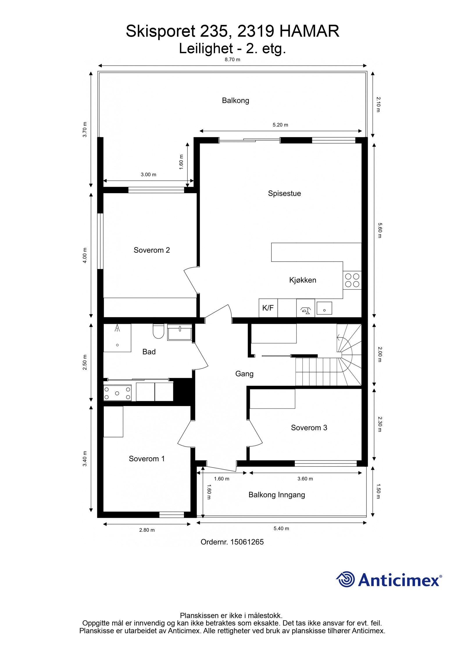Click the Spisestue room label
pyautogui.click(x=284, y=193)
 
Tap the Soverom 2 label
pyautogui.click(x=151, y=250)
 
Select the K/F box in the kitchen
pyautogui.click(x=268, y=308)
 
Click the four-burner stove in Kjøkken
pyautogui.click(x=352, y=280)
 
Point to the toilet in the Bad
pyautogui.click(x=158, y=331)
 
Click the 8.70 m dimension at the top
pyautogui.click(x=232, y=60)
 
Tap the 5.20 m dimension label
pyautogui.click(x=280, y=125)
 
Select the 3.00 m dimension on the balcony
pyautogui.click(x=148, y=174)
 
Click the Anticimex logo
pyautogui.click(x=389, y=580)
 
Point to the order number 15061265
pyautogui.click(x=247, y=542)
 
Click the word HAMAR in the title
pyautogui.click(x=309, y=31)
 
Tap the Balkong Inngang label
pyautogui.click(x=276, y=495)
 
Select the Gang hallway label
pyautogui.click(x=244, y=374)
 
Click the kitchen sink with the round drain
pyautogui.click(x=324, y=308)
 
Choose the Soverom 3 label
pyautogui.click(x=309, y=427)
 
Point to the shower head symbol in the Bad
pyautogui.click(x=117, y=328)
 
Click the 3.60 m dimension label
pyautogui.click(x=305, y=479)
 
